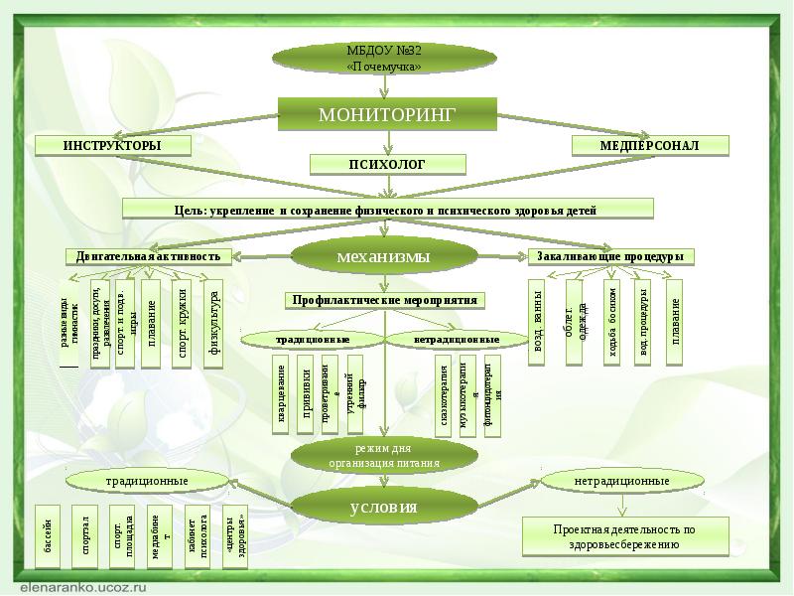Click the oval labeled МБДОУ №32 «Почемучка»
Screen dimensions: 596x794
click(x=384, y=58)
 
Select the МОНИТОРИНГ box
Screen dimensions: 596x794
click(x=386, y=115)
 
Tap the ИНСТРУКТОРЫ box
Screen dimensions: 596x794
click(x=112, y=146)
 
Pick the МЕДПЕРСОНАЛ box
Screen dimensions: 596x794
click(x=650, y=146)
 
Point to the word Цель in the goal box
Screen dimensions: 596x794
click(x=191, y=210)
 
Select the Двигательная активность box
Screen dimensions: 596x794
click(x=150, y=256)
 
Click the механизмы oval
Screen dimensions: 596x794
click(x=383, y=257)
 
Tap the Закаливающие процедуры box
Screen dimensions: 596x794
click(x=610, y=256)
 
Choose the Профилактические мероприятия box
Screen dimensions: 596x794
click(x=385, y=300)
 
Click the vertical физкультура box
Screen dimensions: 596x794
click(x=214, y=324)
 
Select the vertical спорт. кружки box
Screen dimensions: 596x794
click(x=182, y=324)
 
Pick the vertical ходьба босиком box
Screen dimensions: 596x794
click(x=612, y=321)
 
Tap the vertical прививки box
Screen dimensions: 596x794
click(x=307, y=394)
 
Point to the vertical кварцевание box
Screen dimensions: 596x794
click(x=282, y=394)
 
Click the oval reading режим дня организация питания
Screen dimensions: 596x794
click(x=384, y=456)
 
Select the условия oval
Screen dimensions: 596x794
click(x=383, y=508)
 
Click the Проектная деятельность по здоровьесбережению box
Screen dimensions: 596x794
click(x=624, y=536)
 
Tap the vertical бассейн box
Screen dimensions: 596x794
click(x=47, y=535)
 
